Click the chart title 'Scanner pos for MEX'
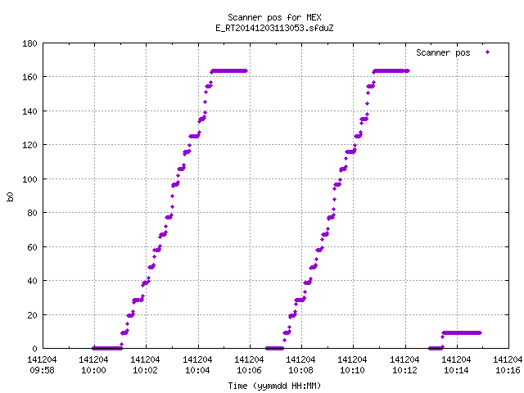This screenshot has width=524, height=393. pyautogui.click(x=274, y=17)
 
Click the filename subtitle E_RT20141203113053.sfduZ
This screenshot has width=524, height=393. pyautogui.click(x=274, y=28)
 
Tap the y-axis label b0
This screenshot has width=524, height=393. pyautogui.click(x=10, y=196)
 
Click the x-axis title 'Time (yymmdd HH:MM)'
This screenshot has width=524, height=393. pyautogui.click(x=274, y=386)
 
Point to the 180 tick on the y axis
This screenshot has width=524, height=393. pyautogui.click(x=29, y=43)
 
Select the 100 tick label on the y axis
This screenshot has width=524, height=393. pyautogui.click(x=29, y=179)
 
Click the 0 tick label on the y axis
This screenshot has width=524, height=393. pyautogui.click(x=34, y=349)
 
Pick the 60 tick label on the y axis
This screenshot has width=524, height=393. pyautogui.click(x=32, y=247)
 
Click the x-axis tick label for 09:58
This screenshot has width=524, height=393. pyautogui.click(x=42, y=365)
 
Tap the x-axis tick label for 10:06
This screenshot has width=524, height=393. pyautogui.click(x=249, y=365)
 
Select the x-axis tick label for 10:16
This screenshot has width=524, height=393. pyautogui.click(x=508, y=365)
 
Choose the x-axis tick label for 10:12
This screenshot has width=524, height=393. pyautogui.click(x=404, y=365)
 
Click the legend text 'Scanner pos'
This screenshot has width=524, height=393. pyautogui.click(x=443, y=52)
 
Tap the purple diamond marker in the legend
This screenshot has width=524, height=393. pyautogui.click(x=488, y=52)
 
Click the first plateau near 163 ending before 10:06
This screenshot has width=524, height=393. pyautogui.click(x=229, y=71)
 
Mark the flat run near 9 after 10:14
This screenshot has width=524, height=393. pyautogui.click(x=462, y=333)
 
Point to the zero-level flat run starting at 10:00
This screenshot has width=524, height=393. pyautogui.click(x=107, y=349)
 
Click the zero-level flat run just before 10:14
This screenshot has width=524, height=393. pyautogui.click(x=436, y=349)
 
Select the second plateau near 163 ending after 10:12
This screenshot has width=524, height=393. pyautogui.click(x=391, y=71)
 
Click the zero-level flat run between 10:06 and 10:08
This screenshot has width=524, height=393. pyautogui.click(x=275, y=349)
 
